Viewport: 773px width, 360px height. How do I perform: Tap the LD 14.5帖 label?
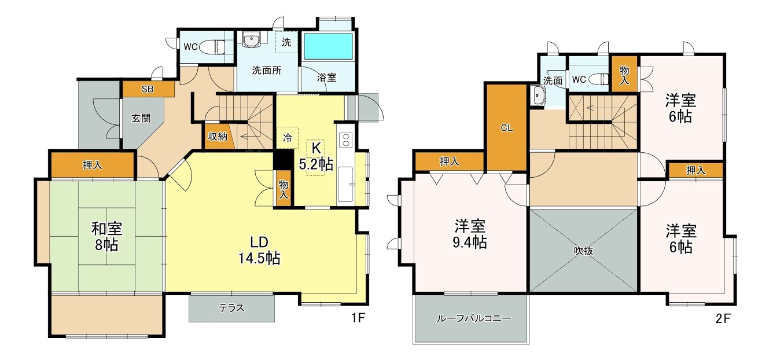259,250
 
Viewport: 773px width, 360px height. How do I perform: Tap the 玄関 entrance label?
141,118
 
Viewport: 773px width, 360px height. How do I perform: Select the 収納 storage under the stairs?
218,137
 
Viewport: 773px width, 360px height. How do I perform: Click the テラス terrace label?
231,308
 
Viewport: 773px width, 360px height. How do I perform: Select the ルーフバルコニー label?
470,319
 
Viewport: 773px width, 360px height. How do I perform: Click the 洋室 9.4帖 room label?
470,233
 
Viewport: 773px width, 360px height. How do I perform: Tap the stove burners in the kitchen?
345,139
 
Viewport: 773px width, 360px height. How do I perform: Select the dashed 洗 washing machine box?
287,42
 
